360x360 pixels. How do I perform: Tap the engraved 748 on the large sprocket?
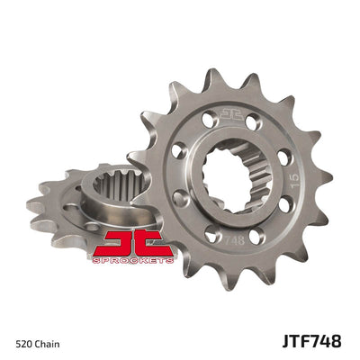[x=231, y=240]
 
